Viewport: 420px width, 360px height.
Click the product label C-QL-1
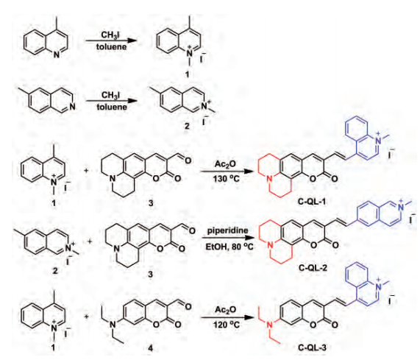point(312,201)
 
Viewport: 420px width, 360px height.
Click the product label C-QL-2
point(313,267)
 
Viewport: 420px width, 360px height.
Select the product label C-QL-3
point(312,348)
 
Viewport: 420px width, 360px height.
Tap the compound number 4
point(150,348)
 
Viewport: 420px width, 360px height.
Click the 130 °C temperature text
point(227,178)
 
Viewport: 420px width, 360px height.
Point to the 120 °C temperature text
point(227,325)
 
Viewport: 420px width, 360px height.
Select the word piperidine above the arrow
point(228,230)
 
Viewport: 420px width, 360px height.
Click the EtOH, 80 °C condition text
point(229,247)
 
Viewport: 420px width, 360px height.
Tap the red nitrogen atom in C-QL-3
point(270,325)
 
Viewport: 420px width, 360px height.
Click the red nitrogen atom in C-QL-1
point(270,179)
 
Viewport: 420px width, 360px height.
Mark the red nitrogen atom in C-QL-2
point(271,244)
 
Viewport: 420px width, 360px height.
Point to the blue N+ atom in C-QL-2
point(401,206)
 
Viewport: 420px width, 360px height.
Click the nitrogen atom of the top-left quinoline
point(56,54)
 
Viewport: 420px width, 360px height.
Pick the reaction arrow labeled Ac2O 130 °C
point(227,171)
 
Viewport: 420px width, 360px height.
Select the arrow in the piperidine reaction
point(228,238)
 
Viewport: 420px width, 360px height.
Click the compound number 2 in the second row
point(187,126)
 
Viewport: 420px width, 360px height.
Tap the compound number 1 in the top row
point(188,74)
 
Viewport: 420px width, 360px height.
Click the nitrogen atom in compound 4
point(113,325)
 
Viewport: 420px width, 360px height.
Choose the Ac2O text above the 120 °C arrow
point(226,310)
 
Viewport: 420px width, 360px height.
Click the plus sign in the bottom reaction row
point(87,317)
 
